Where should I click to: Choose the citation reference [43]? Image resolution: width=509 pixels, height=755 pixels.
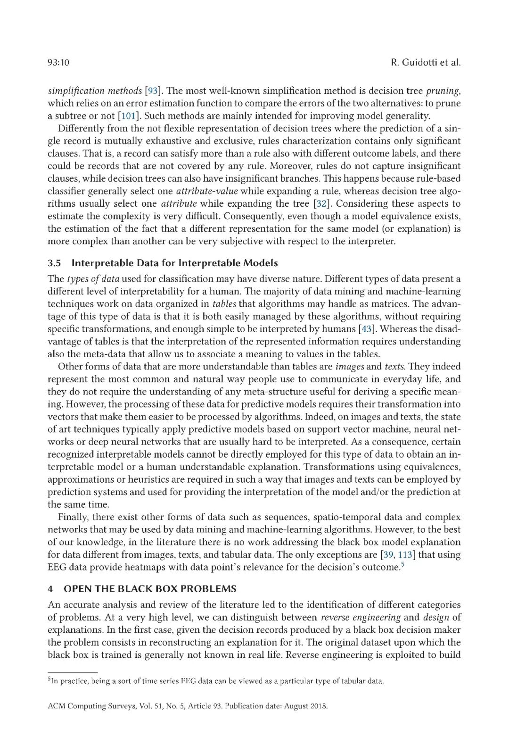click(x=366, y=329)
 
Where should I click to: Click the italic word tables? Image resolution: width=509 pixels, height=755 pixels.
click(x=224, y=304)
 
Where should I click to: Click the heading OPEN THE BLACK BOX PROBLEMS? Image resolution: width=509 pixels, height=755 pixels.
click(x=150, y=589)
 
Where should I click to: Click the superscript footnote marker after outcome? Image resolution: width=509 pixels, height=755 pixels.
click(x=403, y=564)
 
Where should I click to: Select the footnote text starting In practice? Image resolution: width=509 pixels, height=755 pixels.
click(x=217, y=681)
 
